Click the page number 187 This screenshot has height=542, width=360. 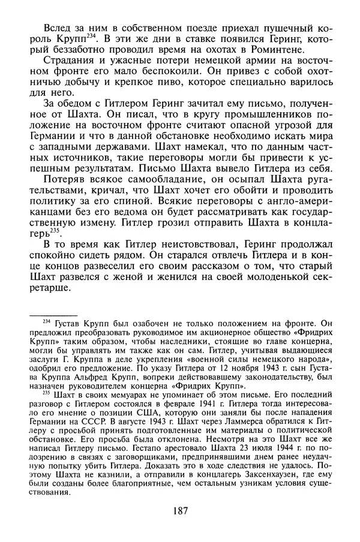pos(179,511)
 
